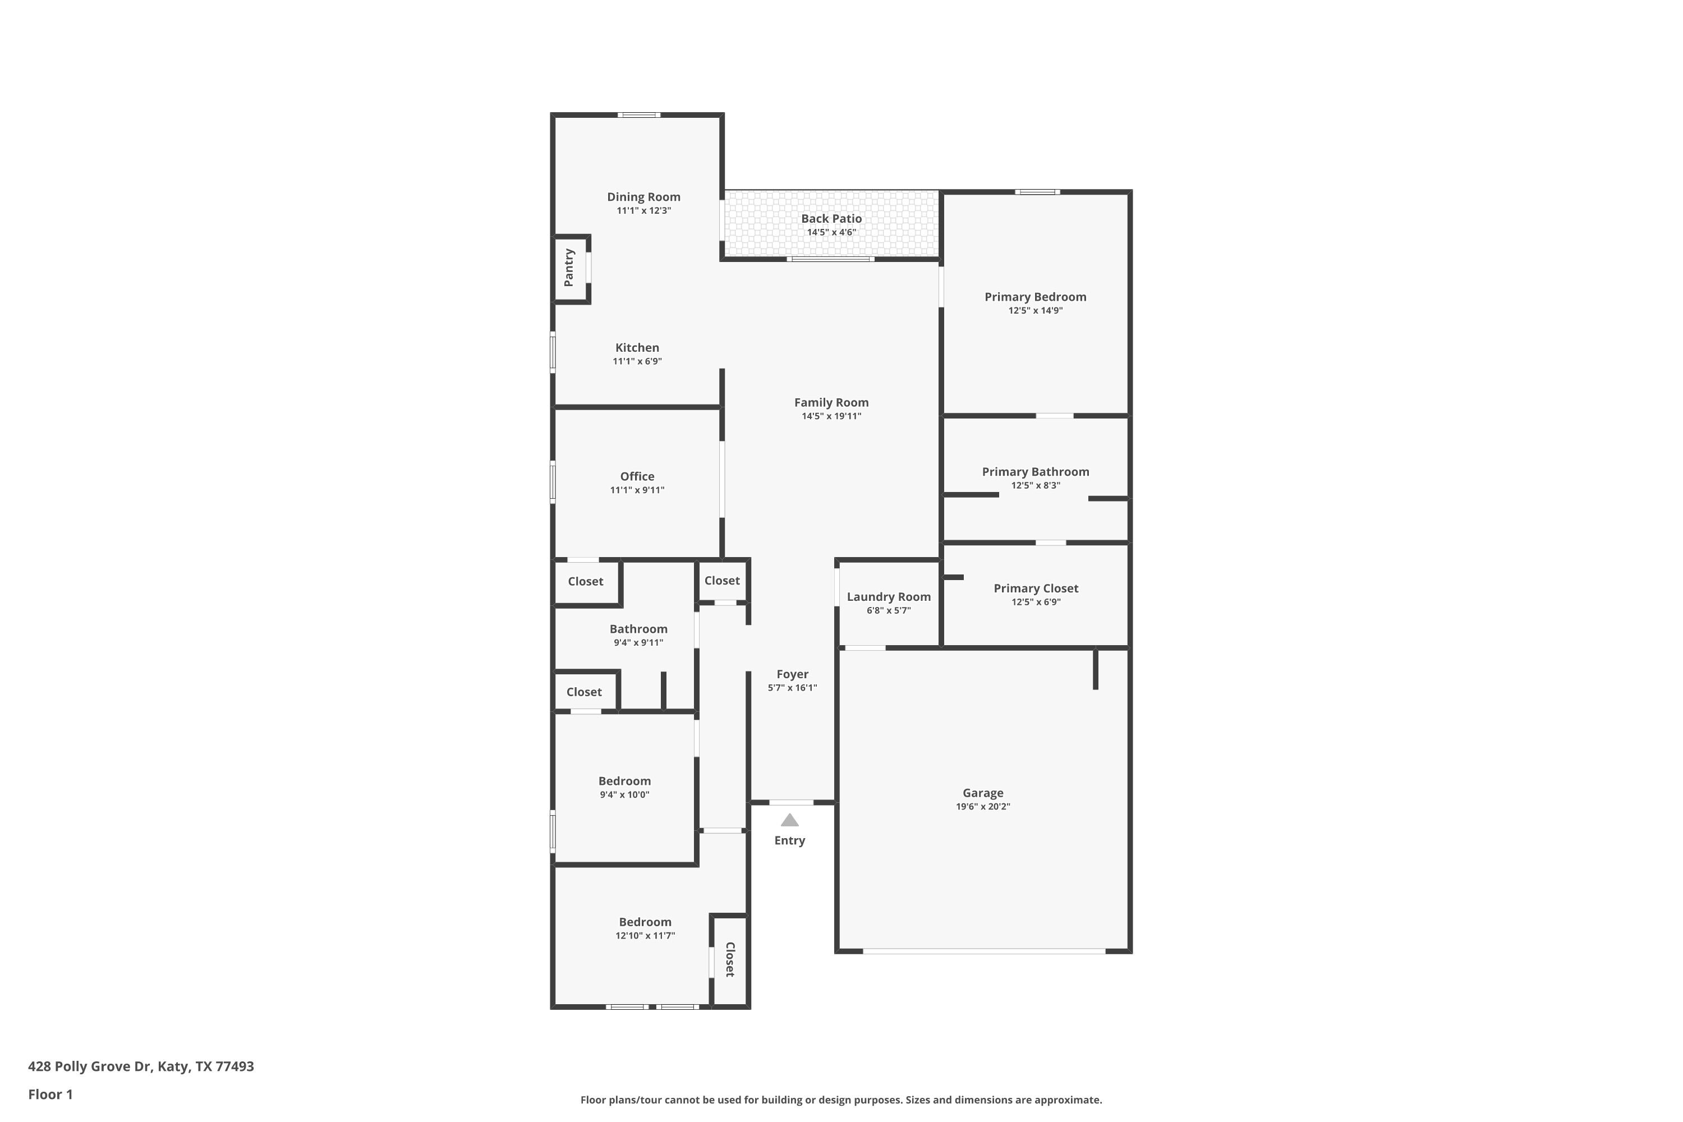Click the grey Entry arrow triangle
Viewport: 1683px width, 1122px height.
point(789,820)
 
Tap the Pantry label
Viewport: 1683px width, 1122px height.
point(569,268)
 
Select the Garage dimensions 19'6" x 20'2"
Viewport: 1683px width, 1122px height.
point(982,807)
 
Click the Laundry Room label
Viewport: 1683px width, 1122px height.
point(889,597)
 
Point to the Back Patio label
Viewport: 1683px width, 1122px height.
point(831,218)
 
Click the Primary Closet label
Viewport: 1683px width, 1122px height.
point(1036,588)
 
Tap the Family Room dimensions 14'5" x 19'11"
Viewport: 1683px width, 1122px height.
point(831,416)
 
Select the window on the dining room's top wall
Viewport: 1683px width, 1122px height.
point(639,114)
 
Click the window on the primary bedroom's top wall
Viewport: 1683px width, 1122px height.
point(1037,192)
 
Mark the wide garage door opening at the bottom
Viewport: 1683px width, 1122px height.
point(984,951)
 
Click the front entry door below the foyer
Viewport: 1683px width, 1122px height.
point(792,802)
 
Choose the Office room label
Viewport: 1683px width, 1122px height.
point(637,476)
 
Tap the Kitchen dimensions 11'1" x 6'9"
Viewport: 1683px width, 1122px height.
point(637,361)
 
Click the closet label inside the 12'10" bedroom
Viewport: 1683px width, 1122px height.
point(730,959)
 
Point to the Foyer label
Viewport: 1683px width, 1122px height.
point(792,674)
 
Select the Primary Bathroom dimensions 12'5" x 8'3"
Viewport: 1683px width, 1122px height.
point(1036,485)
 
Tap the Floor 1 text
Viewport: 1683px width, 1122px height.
point(50,1094)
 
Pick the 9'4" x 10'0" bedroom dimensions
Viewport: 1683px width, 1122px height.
point(624,794)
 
